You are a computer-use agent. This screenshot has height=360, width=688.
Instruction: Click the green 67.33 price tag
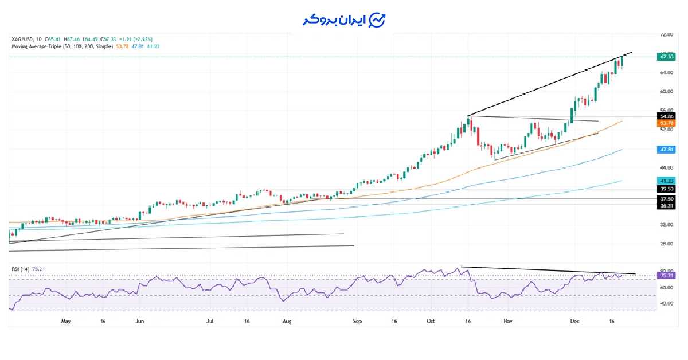[666, 57]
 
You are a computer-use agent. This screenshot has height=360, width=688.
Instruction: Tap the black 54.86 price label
[666, 116]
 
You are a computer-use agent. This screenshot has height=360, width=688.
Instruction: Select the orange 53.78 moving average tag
[666, 123]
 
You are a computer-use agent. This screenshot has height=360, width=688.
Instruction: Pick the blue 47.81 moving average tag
[666, 149]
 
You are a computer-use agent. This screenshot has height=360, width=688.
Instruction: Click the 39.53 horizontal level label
[666, 189]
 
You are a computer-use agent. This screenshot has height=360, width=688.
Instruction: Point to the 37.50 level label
[666, 199]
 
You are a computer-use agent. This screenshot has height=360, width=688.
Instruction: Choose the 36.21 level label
[666, 205]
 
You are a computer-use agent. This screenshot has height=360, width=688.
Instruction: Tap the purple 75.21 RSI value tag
[666, 276]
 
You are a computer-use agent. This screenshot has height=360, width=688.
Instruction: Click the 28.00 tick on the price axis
[666, 244]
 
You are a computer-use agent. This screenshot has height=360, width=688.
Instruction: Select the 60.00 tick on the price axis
[666, 91]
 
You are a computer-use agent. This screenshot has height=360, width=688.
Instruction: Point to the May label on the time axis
[65, 322]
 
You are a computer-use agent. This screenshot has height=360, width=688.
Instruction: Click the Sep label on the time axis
[357, 322]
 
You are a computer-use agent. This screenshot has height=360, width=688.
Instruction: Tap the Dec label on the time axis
[575, 322]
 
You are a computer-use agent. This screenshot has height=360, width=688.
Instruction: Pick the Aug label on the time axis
[287, 322]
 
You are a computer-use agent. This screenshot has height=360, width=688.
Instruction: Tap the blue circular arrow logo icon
[377, 20]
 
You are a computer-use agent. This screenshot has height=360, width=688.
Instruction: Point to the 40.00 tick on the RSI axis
[666, 304]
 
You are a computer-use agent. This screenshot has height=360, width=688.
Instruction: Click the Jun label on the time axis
[139, 322]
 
